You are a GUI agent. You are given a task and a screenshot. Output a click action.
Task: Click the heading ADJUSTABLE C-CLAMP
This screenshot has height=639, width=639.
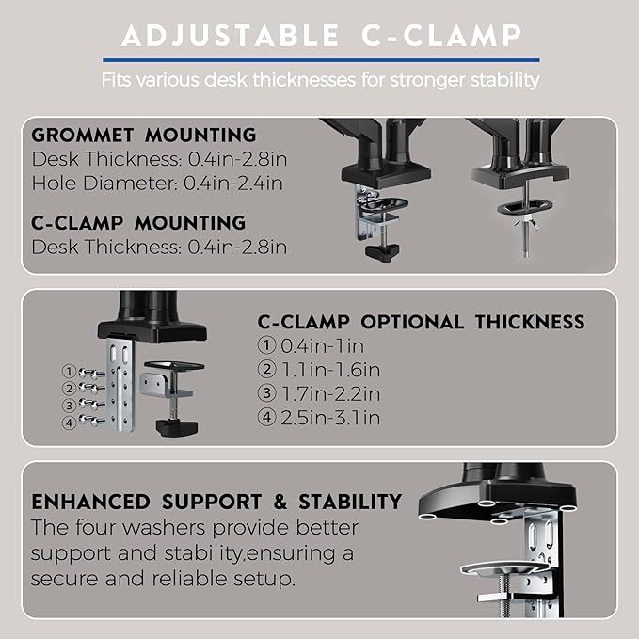click(x=319, y=36)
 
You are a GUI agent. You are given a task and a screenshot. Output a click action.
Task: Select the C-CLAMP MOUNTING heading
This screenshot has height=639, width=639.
click(x=138, y=223)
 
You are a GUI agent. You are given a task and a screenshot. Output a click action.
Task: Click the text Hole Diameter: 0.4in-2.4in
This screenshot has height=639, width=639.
click(x=156, y=183)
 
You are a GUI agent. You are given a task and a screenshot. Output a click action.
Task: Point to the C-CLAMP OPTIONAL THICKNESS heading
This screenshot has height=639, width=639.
click(x=421, y=322)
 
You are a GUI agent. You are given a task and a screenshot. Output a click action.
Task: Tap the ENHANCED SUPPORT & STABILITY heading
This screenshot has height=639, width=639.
click(x=216, y=501)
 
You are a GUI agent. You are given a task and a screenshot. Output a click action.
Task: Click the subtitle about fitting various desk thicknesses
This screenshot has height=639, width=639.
click(x=319, y=79)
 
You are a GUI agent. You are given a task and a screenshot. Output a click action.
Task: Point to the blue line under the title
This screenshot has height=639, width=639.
click(x=319, y=57)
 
